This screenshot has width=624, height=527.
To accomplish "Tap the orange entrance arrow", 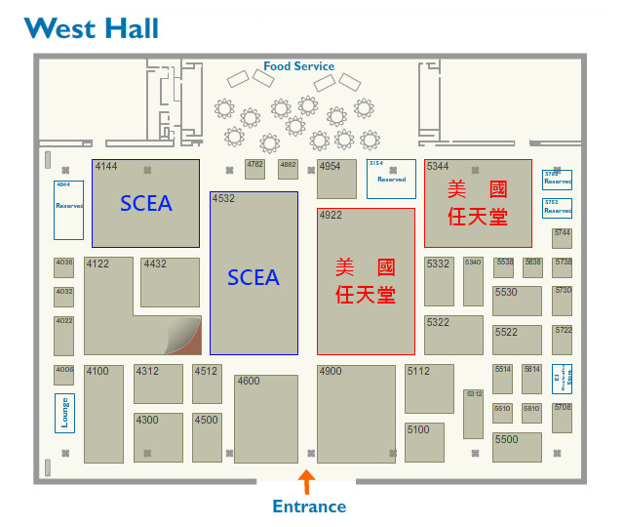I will [306, 481].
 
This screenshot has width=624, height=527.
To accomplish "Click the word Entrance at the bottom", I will [309, 507].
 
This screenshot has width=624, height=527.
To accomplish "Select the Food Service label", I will [298, 66].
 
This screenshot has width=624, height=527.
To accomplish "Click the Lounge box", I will [65, 411].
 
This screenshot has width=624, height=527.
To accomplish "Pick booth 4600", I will [265, 419].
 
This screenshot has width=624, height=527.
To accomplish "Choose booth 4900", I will [356, 414].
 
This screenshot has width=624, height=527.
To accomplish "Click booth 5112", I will [429, 388].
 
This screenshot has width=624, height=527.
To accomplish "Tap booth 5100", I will [424, 441].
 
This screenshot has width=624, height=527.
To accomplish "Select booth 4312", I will [158, 384].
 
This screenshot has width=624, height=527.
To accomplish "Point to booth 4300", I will [158, 437].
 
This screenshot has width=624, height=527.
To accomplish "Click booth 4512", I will [207, 384].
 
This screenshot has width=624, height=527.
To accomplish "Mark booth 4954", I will [336, 179].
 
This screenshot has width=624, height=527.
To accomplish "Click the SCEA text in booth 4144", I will [145, 203].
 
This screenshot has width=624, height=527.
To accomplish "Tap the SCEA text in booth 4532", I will [253, 277].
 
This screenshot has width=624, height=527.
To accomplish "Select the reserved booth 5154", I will [391, 179].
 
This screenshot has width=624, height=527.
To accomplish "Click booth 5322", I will [453, 335].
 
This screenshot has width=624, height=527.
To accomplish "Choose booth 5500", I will [517, 447].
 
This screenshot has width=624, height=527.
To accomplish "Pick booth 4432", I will [170, 282].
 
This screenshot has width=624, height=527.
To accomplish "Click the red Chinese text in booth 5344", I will [478, 203].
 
